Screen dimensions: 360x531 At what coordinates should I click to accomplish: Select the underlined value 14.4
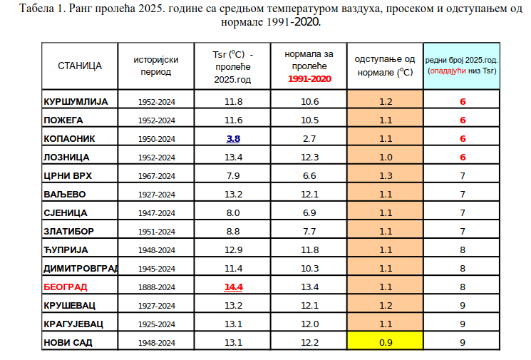[x=234, y=287]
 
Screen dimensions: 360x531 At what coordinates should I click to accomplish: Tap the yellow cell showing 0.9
[x=386, y=342]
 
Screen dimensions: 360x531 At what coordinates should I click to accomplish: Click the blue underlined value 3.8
[x=233, y=138]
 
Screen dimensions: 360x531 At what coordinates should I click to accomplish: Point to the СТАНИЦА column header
[x=80, y=66]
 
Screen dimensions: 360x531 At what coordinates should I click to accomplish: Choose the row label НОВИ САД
[x=68, y=342]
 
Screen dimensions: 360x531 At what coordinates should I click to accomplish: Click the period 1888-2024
[x=156, y=287]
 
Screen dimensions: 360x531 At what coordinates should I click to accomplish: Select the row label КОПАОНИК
[x=69, y=138]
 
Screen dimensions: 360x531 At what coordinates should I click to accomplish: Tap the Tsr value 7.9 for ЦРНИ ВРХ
[x=234, y=175]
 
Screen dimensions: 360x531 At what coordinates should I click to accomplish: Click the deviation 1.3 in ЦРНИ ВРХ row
[x=386, y=175]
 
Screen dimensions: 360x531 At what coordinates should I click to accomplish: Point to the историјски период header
[x=156, y=66]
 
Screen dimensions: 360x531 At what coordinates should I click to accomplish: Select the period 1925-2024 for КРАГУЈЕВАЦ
[x=156, y=324]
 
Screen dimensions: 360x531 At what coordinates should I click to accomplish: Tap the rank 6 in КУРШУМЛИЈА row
[x=463, y=101]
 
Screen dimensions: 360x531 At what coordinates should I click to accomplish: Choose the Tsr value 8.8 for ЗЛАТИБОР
[x=234, y=231]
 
